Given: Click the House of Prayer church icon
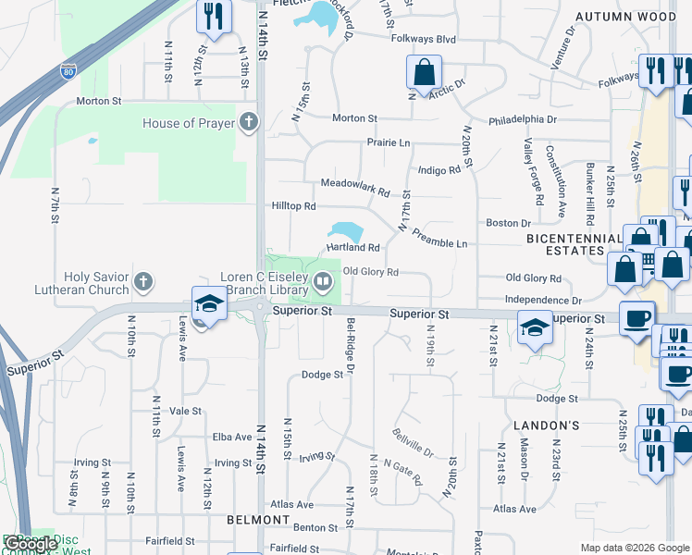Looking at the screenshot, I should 248,122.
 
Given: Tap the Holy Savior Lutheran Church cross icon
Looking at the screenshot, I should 142,280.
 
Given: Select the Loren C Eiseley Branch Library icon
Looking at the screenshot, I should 323,281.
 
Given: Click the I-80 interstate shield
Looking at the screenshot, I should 68,70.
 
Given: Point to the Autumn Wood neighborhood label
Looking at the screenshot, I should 624,17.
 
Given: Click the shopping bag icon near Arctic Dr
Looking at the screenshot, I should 424,72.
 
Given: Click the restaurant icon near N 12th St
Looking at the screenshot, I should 214,16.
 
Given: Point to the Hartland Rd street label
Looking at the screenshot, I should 352,248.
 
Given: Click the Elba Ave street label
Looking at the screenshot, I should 231,437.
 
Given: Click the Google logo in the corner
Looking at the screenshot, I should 31,544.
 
